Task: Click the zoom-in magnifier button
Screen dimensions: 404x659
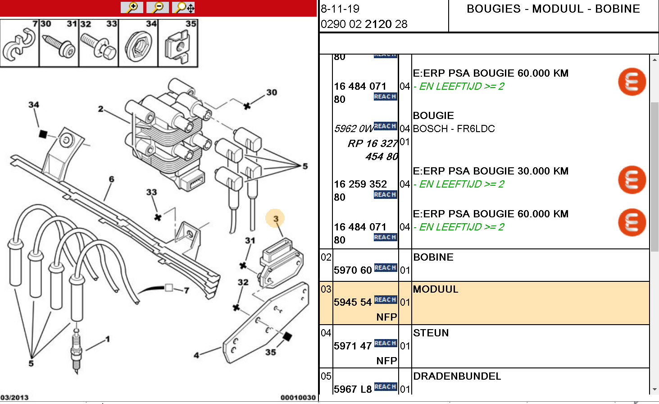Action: (x=132, y=8)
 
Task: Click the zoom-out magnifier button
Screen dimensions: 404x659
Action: (x=158, y=8)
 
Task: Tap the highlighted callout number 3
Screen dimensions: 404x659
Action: (x=275, y=219)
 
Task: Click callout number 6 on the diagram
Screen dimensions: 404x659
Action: (x=111, y=179)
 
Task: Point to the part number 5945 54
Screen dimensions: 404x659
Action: (x=353, y=302)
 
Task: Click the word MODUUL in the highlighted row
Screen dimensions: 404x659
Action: (x=436, y=289)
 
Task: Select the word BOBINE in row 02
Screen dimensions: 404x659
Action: (x=433, y=257)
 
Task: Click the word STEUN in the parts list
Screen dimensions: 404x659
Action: (x=431, y=333)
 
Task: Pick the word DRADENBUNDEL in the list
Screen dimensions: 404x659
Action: (x=457, y=376)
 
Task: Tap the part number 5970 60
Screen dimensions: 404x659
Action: (x=353, y=270)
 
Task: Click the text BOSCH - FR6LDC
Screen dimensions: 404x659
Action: (x=454, y=129)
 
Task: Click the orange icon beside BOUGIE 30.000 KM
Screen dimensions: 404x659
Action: (x=632, y=179)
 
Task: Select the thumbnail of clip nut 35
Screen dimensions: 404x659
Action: (x=178, y=44)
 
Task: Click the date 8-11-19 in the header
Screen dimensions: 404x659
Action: (x=340, y=9)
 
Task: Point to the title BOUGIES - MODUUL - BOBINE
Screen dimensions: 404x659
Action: (x=553, y=9)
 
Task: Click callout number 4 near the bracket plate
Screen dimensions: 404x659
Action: (x=196, y=355)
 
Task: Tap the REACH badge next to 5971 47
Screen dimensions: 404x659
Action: (x=385, y=343)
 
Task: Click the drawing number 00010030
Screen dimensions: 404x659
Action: (x=298, y=397)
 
